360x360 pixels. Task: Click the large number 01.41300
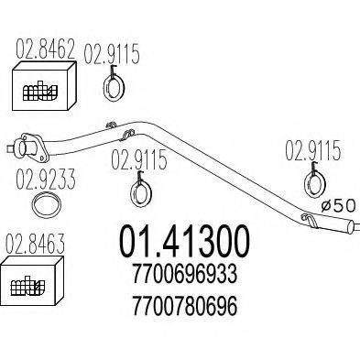click(x=182, y=241)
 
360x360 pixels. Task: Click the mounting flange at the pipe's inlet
click(x=28, y=144)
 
